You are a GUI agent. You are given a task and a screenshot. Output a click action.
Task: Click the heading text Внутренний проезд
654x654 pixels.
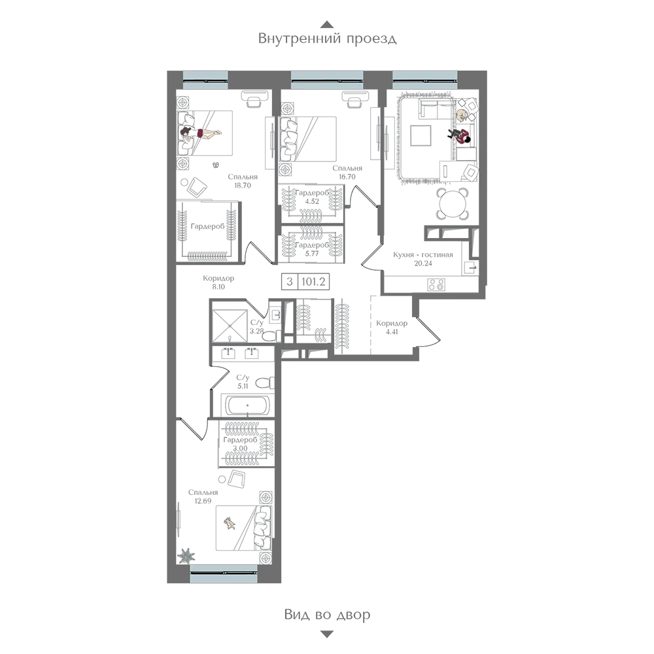point(327,39)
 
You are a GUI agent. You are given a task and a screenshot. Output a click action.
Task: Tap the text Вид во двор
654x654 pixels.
point(327,614)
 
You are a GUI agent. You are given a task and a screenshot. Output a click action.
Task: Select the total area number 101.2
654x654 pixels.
point(313,281)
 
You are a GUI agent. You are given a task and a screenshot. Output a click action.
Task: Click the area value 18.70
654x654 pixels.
point(243,186)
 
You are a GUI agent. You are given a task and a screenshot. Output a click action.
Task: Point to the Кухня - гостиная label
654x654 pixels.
point(423,254)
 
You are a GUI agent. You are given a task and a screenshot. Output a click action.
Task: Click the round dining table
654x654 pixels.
point(452,203)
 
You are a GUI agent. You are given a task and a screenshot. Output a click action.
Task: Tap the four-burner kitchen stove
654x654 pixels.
point(436,285)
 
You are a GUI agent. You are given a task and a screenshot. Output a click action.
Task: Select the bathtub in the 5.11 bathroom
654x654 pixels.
point(247,405)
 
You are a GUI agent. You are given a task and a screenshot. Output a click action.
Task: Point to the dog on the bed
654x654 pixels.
point(228,523)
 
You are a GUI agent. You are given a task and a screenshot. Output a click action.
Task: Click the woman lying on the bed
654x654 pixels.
point(199,133)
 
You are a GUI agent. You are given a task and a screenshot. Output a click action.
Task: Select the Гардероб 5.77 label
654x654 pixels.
point(312,249)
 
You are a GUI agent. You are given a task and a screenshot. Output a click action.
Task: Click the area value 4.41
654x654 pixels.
point(392,332)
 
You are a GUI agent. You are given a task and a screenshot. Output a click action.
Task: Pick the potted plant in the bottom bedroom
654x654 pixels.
point(186,555)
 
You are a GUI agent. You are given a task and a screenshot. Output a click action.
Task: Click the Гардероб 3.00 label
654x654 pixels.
point(240,444)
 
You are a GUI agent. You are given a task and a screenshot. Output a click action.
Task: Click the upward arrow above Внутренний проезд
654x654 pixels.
point(328,24)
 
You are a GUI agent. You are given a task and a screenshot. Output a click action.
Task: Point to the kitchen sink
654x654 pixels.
point(470,267)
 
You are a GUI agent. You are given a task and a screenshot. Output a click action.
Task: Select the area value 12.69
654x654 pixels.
point(203,502)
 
